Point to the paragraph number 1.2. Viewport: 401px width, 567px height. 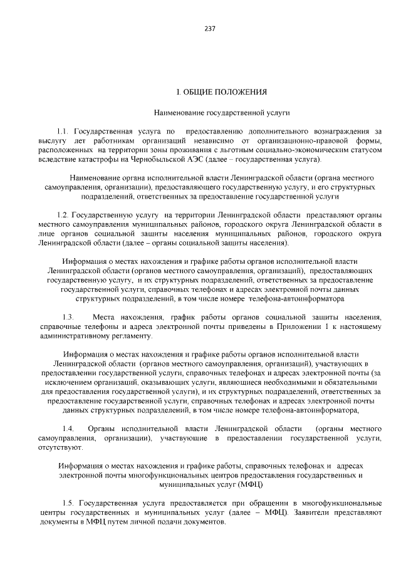[x=63, y=214]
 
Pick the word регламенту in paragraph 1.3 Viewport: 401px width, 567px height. [x=125, y=336]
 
